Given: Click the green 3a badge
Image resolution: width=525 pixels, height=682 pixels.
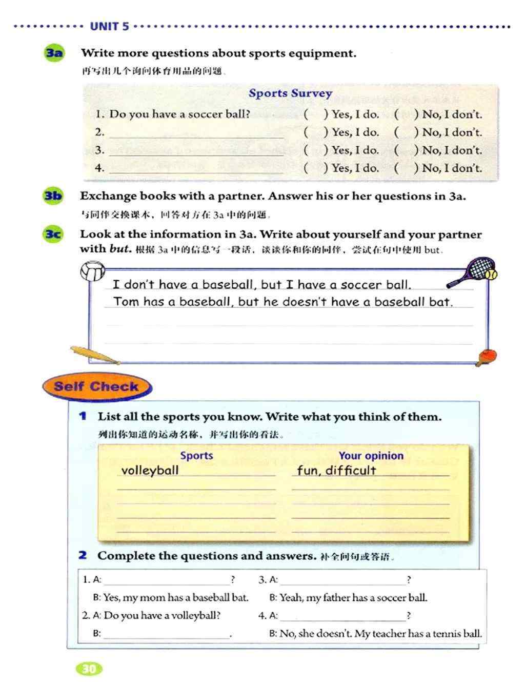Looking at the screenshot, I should (54, 53).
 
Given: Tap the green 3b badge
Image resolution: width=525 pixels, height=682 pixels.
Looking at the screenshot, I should (53, 196).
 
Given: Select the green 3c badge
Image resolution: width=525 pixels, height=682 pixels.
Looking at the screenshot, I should (53, 235).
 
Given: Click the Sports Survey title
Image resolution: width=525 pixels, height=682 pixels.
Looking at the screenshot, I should (290, 93).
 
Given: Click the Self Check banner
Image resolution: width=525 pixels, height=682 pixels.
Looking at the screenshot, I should (96, 387).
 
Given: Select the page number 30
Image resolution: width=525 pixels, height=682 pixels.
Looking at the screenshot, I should (89, 668).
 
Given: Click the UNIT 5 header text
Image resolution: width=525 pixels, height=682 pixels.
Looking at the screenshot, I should (109, 27).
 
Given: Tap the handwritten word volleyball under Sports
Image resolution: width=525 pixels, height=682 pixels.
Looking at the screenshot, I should (150, 470).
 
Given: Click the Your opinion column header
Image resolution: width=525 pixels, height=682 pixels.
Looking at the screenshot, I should (371, 456).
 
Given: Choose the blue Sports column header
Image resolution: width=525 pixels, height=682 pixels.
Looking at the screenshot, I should (196, 456).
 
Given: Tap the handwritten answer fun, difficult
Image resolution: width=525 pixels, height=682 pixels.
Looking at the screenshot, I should (336, 470).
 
